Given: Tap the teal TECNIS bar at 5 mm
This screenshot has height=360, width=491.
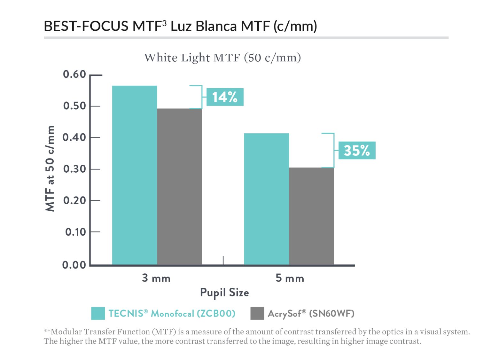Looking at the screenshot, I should [266, 199].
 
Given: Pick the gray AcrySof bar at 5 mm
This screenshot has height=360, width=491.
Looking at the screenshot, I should [311, 216].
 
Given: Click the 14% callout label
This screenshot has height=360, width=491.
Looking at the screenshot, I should [225, 97].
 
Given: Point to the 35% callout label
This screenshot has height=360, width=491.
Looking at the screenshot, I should [357, 150].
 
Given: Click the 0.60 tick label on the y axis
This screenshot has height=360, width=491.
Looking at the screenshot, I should [74, 74].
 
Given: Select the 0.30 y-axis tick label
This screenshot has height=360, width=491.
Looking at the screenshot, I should [74, 169].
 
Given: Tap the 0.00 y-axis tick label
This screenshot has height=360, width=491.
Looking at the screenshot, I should [74, 265].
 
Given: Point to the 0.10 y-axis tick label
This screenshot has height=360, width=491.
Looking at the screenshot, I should [75, 232].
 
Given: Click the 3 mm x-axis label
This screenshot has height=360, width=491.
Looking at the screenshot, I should [156, 278].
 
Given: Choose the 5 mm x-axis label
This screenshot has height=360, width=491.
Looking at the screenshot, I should [290, 278].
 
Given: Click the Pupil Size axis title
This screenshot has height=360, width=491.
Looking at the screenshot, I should [224, 292].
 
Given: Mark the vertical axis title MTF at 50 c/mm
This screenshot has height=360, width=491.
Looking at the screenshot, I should [50, 168].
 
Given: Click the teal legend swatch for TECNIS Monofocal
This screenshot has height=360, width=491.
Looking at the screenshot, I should [98, 313].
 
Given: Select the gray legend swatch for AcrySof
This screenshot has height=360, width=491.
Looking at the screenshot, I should [257, 313].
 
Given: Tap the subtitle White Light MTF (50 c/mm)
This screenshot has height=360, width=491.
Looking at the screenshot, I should [222, 58].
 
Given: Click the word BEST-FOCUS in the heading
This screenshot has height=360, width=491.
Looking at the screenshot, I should [86, 26].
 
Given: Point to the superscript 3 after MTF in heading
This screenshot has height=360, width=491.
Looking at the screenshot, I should [164, 23].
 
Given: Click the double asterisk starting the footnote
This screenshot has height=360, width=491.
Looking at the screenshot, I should [47, 331].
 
